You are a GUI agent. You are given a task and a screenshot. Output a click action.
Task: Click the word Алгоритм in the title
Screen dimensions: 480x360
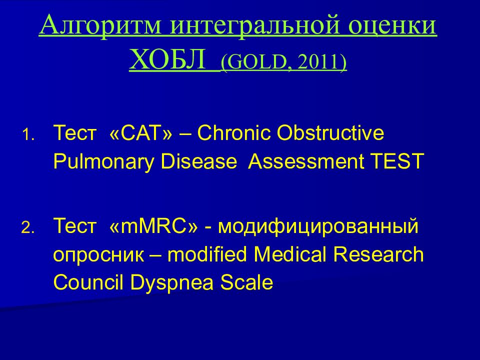100,25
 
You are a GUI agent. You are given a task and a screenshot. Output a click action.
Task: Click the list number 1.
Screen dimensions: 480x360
28,134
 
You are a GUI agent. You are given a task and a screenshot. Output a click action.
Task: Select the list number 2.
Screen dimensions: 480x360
28,228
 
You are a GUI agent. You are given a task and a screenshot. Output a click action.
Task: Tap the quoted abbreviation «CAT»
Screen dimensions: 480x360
140,133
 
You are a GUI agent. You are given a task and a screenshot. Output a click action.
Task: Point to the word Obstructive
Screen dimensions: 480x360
330,133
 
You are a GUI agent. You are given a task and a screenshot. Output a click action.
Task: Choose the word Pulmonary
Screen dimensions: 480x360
103,161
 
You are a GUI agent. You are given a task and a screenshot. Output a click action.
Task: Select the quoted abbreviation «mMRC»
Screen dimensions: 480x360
153,225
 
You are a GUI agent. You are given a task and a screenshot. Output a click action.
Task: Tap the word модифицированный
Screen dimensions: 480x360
318,226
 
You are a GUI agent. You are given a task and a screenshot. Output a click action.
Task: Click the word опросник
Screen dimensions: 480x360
98,255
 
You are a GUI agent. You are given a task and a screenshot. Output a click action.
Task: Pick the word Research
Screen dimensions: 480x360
378,254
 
